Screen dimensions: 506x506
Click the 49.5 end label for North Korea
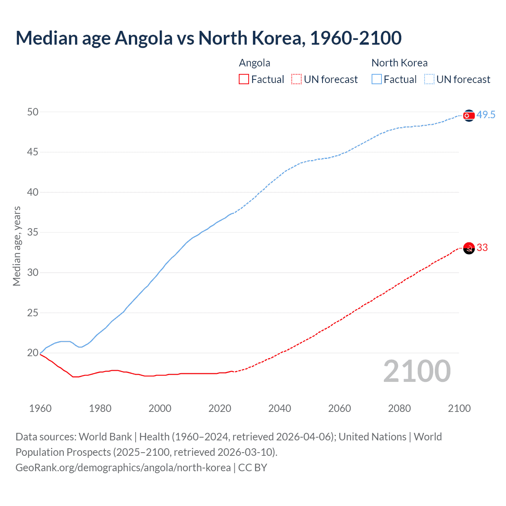485,115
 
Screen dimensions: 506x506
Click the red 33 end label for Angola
482,248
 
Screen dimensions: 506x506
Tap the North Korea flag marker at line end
469,115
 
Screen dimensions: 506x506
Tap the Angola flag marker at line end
469,248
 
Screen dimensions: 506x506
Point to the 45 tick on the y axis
33,152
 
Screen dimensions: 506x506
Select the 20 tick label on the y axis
33,353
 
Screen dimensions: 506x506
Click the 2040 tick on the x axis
279,408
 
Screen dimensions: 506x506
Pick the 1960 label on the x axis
40,408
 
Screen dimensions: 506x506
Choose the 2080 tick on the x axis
399,408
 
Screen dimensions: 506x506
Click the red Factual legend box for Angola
244,79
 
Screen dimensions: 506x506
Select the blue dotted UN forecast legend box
429,79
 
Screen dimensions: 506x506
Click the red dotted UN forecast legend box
296,79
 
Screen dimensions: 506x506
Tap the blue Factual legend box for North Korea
377,79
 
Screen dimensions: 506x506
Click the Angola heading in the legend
255,63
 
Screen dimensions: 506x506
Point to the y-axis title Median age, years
17,246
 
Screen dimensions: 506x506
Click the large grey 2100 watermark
417,371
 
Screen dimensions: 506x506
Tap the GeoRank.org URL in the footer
123,468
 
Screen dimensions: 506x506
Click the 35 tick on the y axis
33,232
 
